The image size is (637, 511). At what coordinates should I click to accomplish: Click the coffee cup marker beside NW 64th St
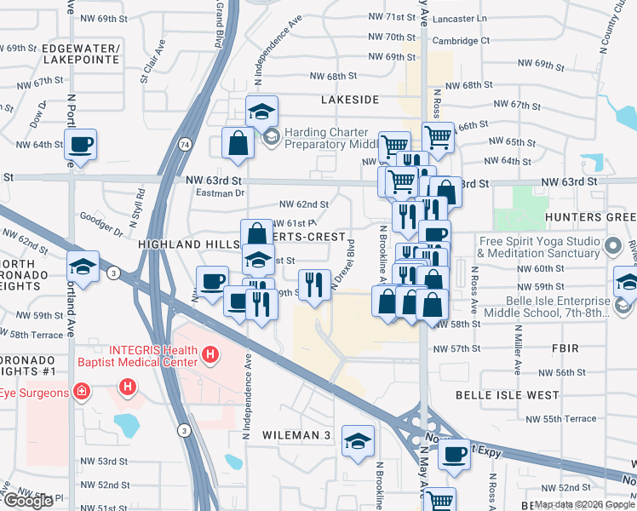(x=81, y=146)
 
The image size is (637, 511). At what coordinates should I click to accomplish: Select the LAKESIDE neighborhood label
(x=349, y=100)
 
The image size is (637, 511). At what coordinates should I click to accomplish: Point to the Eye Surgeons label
(x=34, y=393)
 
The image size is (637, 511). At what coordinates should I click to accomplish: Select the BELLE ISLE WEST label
(x=507, y=395)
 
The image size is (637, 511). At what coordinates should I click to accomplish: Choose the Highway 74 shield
(x=185, y=146)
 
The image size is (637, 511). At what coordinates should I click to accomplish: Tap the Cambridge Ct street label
(x=462, y=40)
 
